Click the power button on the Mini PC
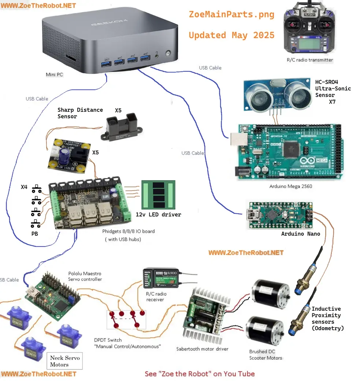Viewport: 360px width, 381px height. click(x=168, y=53)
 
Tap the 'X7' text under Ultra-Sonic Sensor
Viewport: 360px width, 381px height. click(x=332, y=102)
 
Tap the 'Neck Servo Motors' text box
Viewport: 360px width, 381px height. click(x=65, y=361)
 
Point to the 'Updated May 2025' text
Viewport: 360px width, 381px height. click(x=231, y=35)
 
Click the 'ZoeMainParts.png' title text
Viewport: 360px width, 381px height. click(x=231, y=14)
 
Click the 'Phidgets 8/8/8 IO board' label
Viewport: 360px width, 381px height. click(x=128, y=231)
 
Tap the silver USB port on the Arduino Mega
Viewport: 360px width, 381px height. click(x=236, y=142)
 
